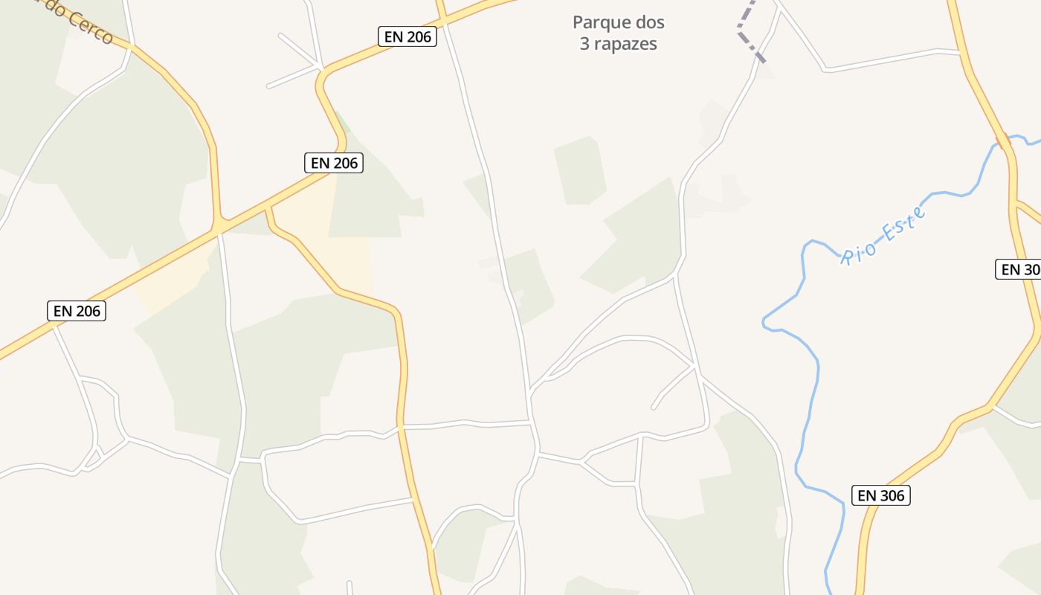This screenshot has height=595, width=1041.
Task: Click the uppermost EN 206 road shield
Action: (407, 36)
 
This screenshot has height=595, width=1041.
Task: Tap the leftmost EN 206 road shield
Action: (77, 311)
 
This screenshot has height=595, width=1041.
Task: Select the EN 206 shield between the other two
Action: (334, 163)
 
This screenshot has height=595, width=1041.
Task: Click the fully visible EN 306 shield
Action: (881, 495)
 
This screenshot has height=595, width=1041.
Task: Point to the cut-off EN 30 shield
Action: (1019, 269)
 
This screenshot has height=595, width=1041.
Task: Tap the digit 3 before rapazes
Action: (584, 44)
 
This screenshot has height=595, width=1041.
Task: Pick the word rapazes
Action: (625, 44)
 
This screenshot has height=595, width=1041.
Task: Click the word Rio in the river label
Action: (858, 251)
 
